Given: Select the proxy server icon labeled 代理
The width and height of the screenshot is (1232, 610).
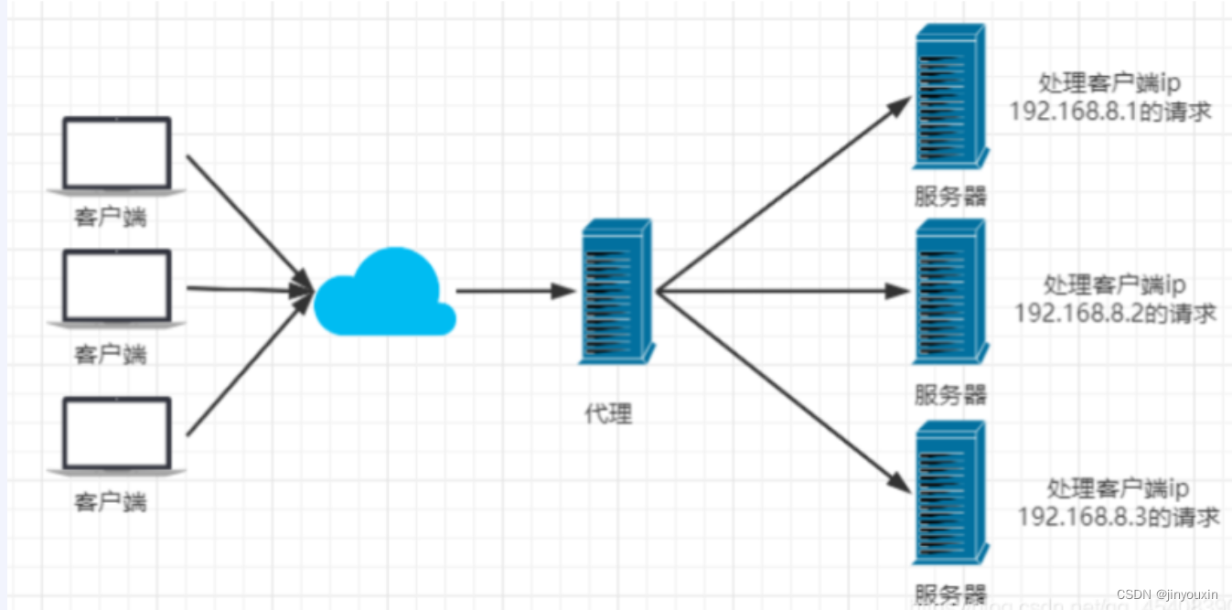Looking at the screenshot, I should click(616, 291).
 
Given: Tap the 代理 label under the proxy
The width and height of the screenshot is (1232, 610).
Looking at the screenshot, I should click(608, 414).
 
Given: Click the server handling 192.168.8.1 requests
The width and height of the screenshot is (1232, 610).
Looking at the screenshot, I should click(950, 97).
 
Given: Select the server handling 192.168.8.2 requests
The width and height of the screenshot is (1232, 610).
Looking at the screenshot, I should click(950, 292).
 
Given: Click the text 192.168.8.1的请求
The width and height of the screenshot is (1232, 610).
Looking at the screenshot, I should click(1110, 112).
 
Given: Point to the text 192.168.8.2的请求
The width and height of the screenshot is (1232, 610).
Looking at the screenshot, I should click(1115, 313).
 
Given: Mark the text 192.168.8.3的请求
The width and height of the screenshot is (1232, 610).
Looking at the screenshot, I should click(1119, 517).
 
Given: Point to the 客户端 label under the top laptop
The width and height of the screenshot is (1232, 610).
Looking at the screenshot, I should click(111, 219).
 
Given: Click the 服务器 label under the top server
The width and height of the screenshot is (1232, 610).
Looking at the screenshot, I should click(951, 197).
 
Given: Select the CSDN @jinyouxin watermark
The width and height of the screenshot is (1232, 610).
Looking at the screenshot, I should click(1167, 594).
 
